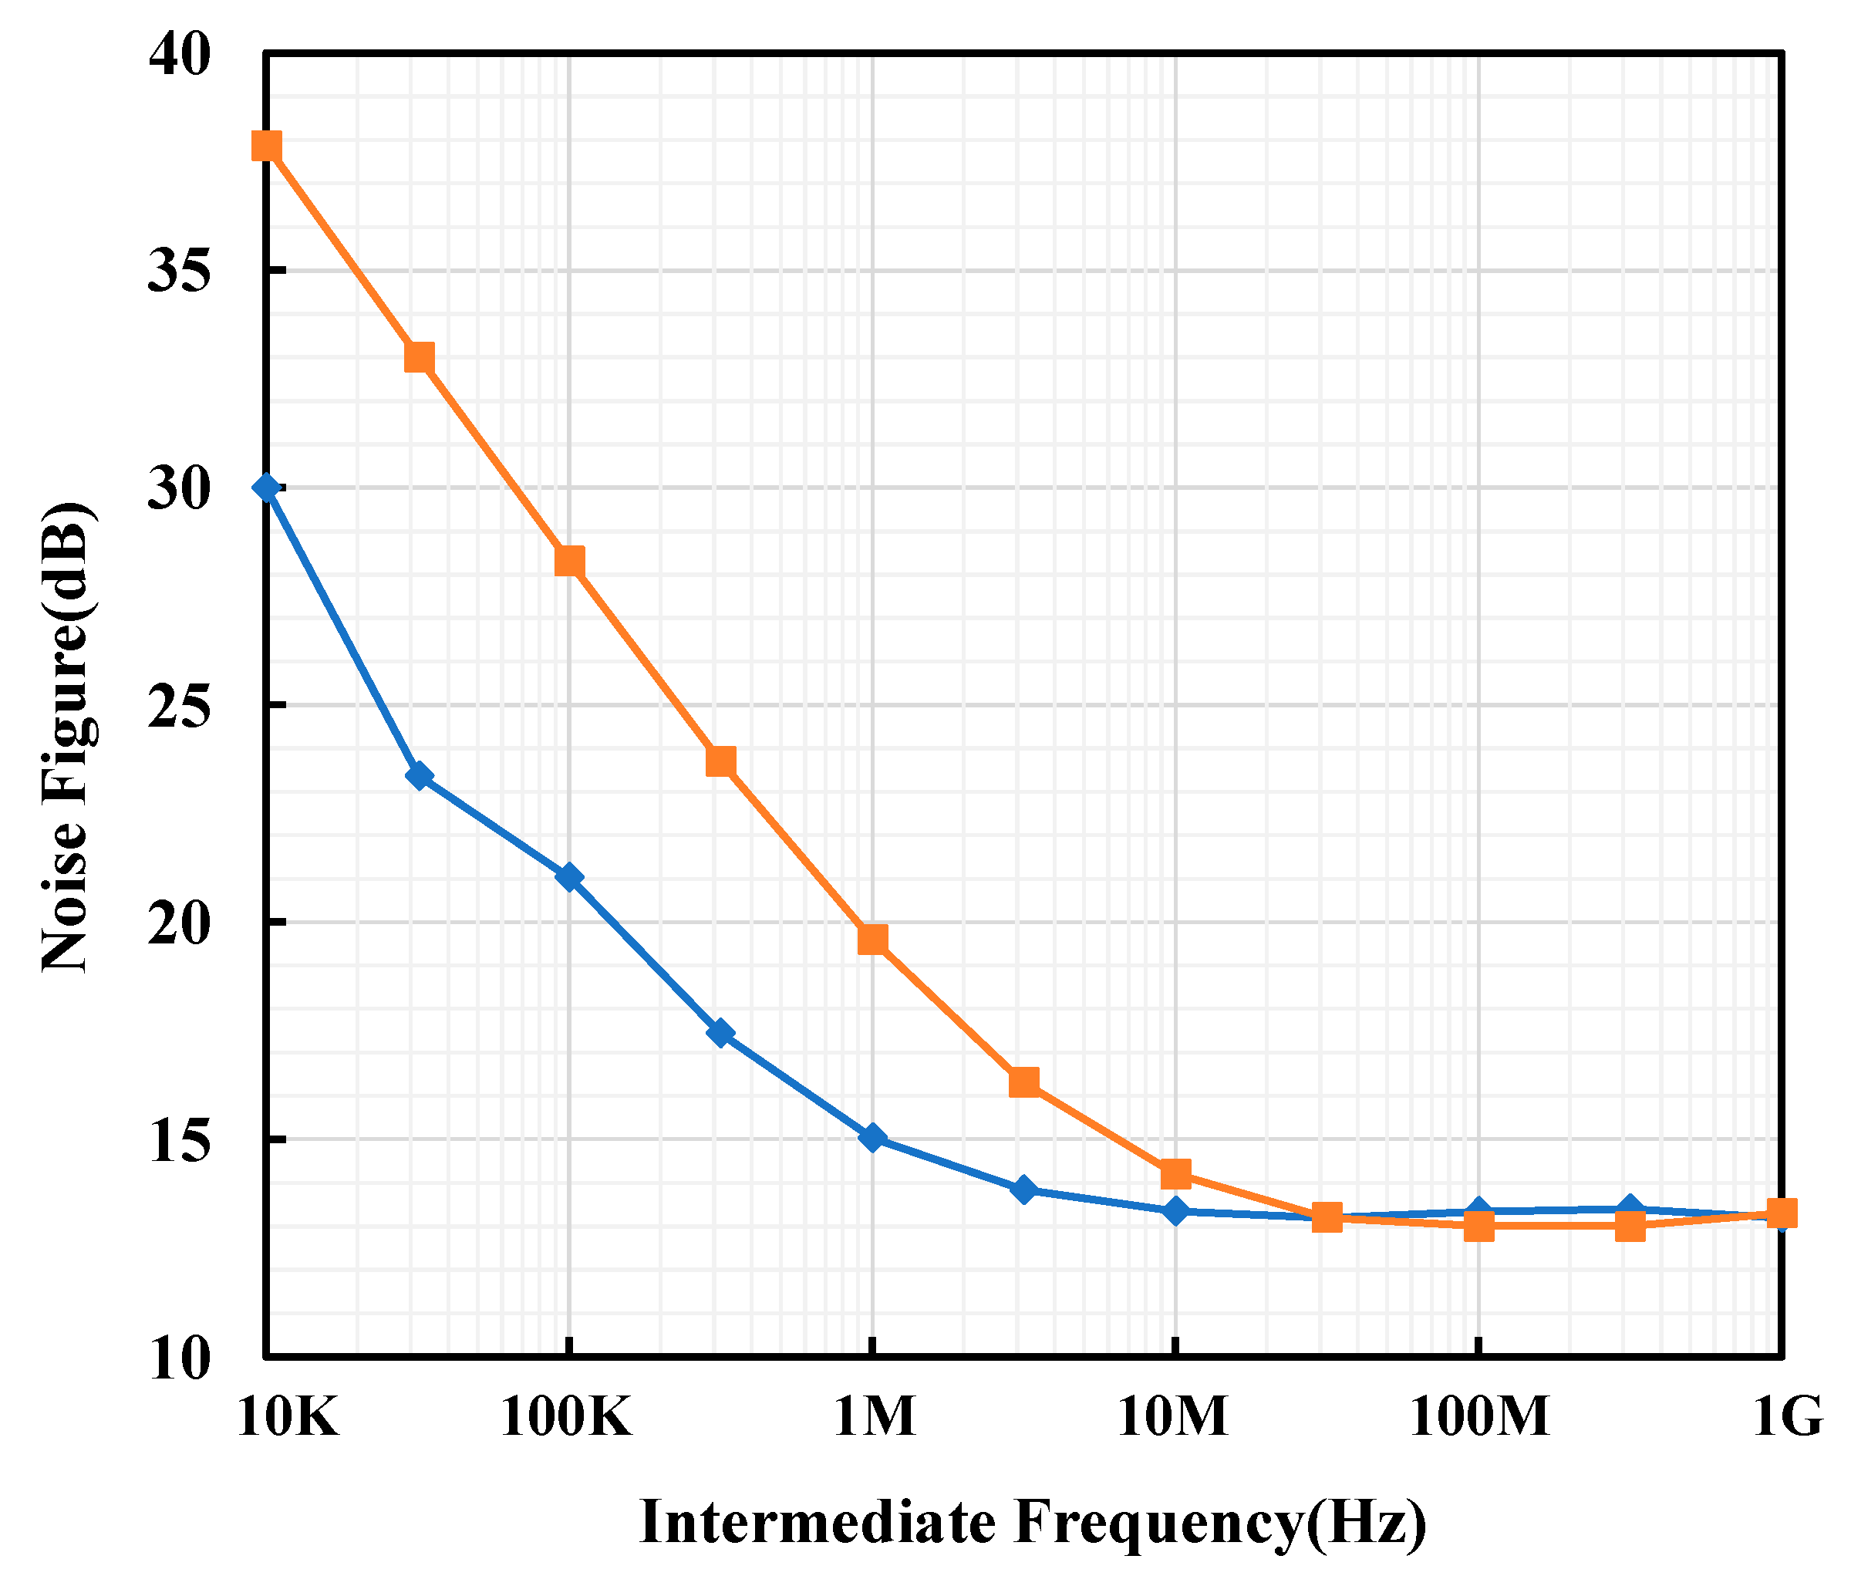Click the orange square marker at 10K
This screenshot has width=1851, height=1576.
(266, 146)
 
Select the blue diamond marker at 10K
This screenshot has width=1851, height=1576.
(266, 488)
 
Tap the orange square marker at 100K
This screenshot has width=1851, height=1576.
(570, 562)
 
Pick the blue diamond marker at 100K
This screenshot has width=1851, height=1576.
(570, 877)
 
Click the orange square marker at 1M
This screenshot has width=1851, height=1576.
(873, 940)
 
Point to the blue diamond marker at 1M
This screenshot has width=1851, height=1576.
(873, 1139)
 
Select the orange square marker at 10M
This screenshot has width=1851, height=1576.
(1175, 1174)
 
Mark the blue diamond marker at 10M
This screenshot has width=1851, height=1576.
(1175, 1211)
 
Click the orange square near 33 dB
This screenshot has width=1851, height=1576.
(419, 358)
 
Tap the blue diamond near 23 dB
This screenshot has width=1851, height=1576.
(419, 775)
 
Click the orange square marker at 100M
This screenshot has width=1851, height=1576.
(1479, 1227)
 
